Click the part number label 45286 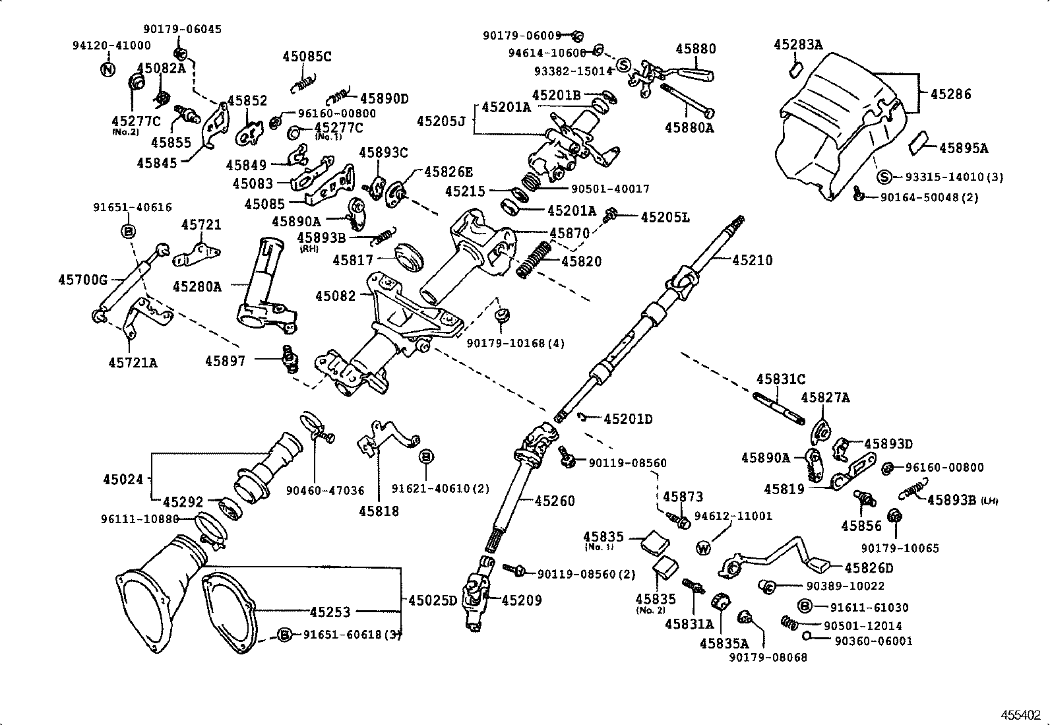950,94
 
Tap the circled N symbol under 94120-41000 107,69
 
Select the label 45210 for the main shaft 752,260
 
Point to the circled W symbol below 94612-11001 704,548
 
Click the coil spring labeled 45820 533,259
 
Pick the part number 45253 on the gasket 330,612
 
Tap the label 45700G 82,280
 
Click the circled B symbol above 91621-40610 426,457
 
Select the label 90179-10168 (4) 515,343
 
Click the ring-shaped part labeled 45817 408,257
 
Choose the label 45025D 433,600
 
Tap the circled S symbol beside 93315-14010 885,177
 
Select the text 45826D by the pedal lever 869,568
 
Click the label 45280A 197,286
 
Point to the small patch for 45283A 795,68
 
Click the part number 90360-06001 873,641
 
